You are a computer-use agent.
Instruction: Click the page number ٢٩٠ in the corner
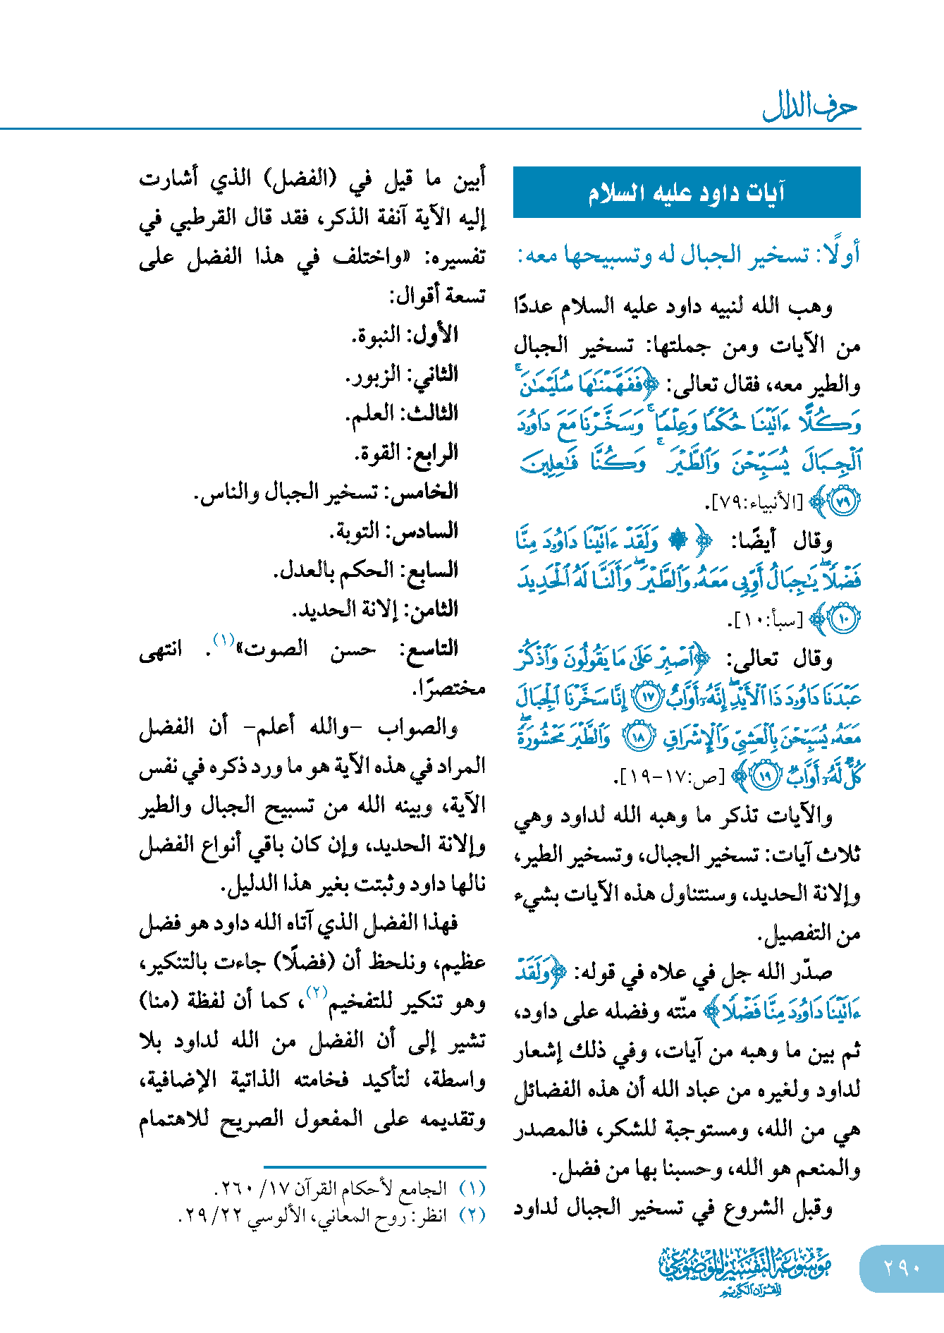pos(902,1267)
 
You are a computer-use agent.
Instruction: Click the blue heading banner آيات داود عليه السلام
pos(687,193)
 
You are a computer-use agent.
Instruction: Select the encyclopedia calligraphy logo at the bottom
pos(744,1270)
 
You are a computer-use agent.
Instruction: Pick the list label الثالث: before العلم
pos(431,413)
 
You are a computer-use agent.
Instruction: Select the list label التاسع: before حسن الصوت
pos(429,649)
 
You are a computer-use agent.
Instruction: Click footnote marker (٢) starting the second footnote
pos(472,1215)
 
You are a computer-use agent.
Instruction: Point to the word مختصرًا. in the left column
pos(449,688)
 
